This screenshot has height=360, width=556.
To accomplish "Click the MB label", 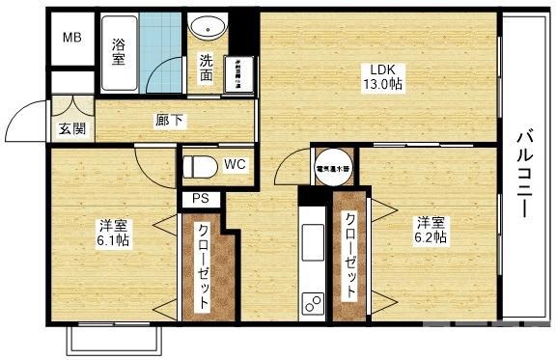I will (72, 39).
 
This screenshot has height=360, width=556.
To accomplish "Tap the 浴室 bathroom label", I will (120, 52).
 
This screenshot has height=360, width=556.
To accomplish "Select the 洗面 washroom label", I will (207, 68).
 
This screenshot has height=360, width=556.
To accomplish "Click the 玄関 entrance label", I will (70, 128).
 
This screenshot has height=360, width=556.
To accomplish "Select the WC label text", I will (235, 164).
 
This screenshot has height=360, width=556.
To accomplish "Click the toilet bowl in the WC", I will (200, 167).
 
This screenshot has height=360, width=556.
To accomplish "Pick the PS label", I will (201, 199).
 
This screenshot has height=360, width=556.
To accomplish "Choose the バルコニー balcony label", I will (524, 178).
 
